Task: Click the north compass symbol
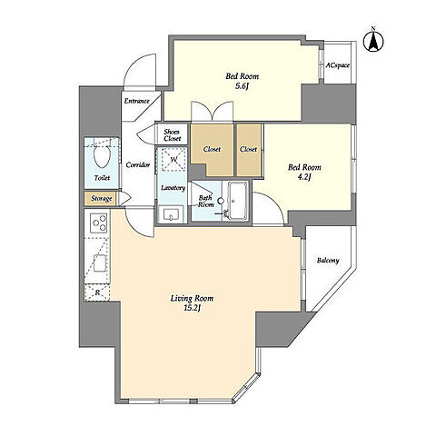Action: click(x=373, y=41)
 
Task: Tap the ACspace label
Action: click(x=338, y=65)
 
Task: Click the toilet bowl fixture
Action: click(x=102, y=155)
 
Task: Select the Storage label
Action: click(x=102, y=199)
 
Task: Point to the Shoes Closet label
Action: click(x=173, y=135)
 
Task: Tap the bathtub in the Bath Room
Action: click(x=237, y=201)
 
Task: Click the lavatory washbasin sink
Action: click(x=171, y=214)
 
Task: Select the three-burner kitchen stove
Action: click(x=99, y=223)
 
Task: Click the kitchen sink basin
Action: click(x=100, y=263)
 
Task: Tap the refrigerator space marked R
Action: click(x=97, y=292)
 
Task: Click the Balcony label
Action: click(x=328, y=261)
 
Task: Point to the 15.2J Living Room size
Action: click(x=193, y=308)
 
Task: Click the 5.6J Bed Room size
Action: click(x=242, y=86)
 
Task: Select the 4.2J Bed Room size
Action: click(x=304, y=177)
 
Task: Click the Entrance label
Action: click(x=137, y=101)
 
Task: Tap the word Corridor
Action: click(x=138, y=165)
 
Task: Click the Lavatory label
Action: click(x=173, y=188)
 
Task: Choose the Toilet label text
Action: click(x=102, y=178)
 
